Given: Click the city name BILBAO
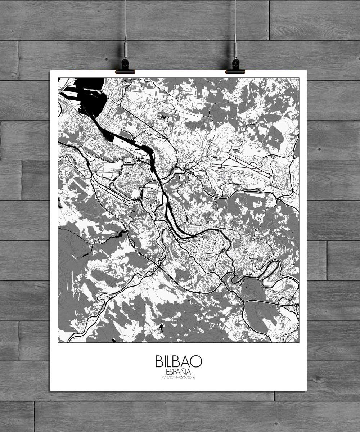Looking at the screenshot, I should coord(179,361).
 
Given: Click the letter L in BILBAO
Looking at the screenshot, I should coord(170,361).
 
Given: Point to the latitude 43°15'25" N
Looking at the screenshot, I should coord(169,377).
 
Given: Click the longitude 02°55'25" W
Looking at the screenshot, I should coord(188,377).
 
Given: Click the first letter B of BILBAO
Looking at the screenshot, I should coord(159,361).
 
